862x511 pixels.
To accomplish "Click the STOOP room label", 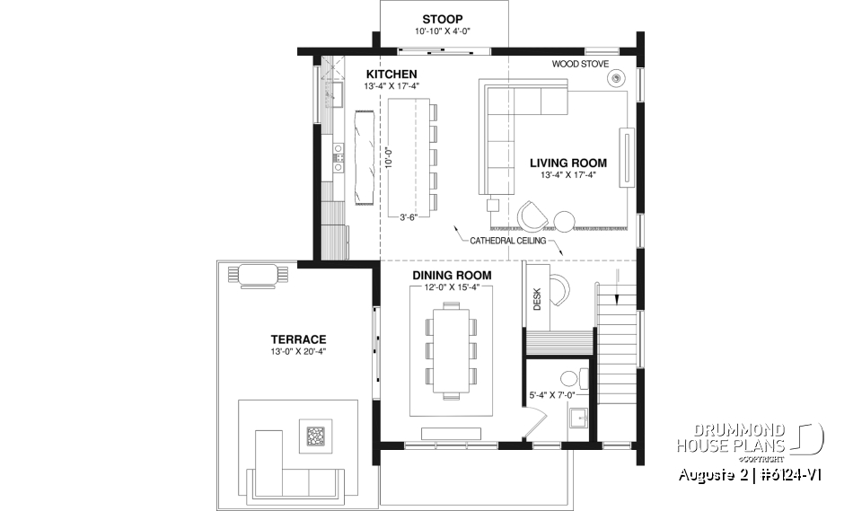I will click(442, 19).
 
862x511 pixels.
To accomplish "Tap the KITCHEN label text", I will click(391, 74).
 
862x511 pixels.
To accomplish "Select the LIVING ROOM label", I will click(567, 163).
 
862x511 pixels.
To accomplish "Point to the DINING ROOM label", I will click(452, 275).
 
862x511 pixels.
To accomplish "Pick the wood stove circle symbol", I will click(617, 79).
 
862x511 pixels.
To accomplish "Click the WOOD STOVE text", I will click(580, 65).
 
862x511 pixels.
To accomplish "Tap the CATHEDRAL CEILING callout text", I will click(506, 242).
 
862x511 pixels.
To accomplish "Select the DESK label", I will click(537, 299).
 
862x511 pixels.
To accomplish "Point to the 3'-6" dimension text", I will click(409, 216).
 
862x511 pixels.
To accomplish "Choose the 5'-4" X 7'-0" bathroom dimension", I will click(550, 394).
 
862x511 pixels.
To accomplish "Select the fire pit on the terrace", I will click(315, 436).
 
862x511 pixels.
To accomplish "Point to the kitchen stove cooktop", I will click(339, 159).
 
